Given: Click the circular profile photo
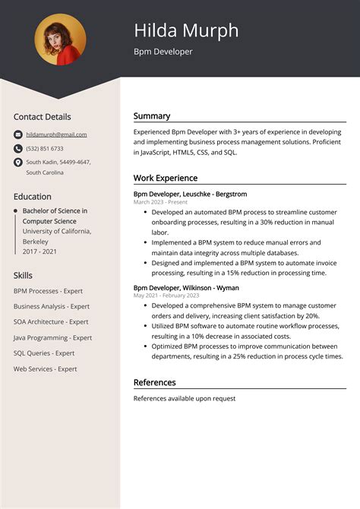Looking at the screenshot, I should point(61,40).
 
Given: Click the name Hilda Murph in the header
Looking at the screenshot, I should point(186,30).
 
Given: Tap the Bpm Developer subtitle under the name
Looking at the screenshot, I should point(163,52).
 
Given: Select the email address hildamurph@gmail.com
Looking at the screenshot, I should point(56,134).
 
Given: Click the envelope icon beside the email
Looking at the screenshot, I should point(18,134).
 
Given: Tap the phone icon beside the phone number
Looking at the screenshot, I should point(18,149).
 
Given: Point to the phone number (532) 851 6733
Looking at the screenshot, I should point(45,149).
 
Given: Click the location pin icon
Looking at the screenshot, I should point(18,163).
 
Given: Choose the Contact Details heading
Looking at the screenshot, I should point(43,117).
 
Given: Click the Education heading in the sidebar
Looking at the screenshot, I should point(33,196).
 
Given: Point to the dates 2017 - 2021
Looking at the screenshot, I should point(40,251).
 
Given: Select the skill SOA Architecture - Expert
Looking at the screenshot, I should point(51,322).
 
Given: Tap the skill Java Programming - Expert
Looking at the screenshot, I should point(52,338).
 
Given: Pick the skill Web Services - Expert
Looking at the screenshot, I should point(46,369).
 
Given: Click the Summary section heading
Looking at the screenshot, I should point(152,116).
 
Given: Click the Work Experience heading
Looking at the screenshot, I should point(166,178).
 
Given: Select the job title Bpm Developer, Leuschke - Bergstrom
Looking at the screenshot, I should point(190,194).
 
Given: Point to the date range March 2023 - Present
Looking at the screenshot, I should point(160,203).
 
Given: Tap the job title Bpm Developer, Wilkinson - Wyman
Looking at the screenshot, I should point(186,288).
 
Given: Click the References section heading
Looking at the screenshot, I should point(155,382).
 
